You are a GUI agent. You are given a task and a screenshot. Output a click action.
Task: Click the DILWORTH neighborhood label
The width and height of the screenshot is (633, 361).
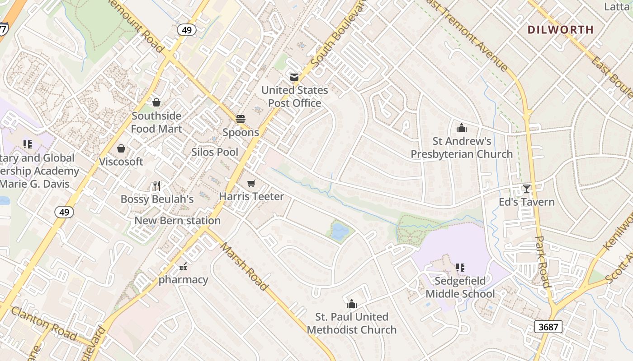[560, 30]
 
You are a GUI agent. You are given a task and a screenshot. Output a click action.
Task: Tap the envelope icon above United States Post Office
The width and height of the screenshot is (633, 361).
[294, 77]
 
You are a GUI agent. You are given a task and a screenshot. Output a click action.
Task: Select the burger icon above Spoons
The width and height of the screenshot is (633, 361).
[241, 119]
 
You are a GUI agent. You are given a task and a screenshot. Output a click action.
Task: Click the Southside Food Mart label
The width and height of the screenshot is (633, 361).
[156, 122]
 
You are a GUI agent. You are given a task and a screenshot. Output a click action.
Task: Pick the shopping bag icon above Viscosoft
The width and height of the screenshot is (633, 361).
[121, 148]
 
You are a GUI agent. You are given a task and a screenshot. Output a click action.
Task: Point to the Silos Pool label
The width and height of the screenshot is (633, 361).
[214, 152]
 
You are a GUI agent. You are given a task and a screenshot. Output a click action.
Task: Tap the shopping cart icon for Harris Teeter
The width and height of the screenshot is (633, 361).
[251, 183]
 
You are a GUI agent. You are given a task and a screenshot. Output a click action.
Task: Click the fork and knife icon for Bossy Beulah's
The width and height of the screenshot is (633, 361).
[157, 185]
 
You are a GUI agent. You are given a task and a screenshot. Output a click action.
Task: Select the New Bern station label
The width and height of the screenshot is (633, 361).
[178, 221]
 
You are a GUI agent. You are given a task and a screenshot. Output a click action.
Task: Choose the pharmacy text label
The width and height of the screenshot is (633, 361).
[183, 280]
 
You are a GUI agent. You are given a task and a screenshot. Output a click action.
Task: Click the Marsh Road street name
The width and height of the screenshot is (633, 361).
[244, 266]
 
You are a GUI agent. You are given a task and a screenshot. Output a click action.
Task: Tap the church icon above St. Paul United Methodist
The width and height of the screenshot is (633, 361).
[352, 304]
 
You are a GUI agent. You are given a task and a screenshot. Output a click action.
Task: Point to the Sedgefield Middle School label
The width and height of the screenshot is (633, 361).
[460, 287]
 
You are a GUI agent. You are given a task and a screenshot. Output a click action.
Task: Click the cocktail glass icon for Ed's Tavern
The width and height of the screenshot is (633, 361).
[526, 188]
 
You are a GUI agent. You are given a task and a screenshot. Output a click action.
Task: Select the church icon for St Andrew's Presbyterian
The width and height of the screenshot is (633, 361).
[462, 128]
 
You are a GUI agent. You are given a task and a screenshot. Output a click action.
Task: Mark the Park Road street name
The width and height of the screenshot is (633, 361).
[542, 262]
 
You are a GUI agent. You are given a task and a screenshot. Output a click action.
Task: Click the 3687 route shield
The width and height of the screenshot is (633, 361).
[548, 327]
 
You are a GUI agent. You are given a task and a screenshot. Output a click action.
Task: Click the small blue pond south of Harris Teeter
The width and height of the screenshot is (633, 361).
[340, 231]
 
